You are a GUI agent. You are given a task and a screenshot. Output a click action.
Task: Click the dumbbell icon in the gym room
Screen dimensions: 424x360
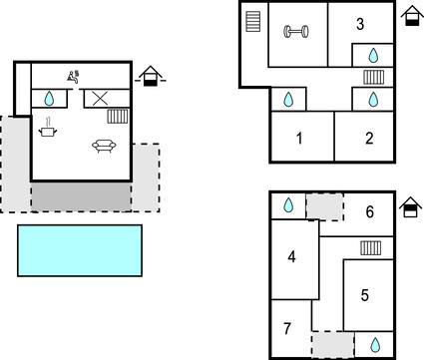coord(296,32)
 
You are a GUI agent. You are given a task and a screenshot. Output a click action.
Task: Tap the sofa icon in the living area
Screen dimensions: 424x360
coord(104,146)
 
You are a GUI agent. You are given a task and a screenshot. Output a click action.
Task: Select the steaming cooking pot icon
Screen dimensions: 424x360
coord(48,128)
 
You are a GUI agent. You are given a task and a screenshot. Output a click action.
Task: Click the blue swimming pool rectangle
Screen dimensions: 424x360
coord(80,250)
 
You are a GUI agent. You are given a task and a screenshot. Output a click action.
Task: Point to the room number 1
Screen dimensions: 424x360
coord(299,139)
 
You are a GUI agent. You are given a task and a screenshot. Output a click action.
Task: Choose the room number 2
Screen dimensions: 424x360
coord(369,138)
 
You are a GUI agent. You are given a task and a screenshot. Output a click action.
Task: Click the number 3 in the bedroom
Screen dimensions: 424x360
coord(360,24)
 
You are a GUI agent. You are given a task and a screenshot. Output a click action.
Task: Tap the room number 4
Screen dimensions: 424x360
coord(291,256)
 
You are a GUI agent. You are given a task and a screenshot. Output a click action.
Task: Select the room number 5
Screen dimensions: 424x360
coord(365,295)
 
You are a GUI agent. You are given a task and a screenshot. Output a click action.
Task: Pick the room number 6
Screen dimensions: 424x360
coord(369,211)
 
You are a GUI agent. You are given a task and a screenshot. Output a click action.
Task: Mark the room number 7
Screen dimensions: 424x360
coord(287,328)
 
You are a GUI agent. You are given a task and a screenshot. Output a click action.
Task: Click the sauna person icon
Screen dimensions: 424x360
coord(74,77)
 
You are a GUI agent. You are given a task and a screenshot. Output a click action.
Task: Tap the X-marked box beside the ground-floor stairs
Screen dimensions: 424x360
coord(100,99)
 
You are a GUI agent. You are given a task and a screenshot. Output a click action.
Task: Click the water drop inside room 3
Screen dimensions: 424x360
coord(374,56)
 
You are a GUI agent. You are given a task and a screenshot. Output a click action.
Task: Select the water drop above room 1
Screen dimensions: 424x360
coord(288,99)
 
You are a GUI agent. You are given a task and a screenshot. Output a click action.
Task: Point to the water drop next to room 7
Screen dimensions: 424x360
coord(375,345)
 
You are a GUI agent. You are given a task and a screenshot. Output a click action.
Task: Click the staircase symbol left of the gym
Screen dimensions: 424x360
coord(253,22)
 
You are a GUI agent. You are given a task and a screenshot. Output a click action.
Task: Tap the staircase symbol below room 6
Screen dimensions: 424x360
coord(371,248)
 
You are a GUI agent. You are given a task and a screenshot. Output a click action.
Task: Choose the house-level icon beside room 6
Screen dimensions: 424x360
coord(410,207)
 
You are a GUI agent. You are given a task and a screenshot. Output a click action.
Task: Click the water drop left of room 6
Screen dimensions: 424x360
coord(288,205)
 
